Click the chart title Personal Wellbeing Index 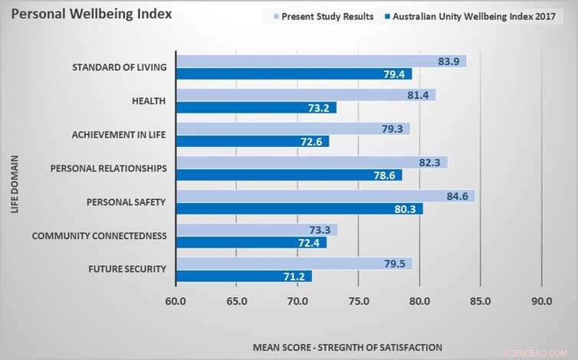click(x=91, y=15)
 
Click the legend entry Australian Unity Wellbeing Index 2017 click(x=475, y=16)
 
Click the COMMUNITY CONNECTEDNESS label click(x=99, y=236)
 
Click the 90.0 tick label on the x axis click(x=542, y=301)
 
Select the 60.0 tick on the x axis click(x=176, y=301)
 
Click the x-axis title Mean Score click(x=347, y=346)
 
